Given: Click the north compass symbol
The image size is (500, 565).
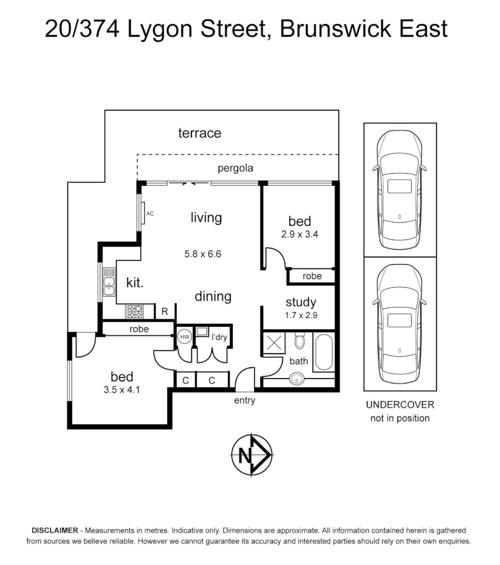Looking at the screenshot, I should [x=252, y=455].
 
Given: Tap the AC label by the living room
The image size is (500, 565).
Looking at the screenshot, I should [x=150, y=213].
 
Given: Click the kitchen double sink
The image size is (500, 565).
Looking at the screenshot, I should [x=109, y=282].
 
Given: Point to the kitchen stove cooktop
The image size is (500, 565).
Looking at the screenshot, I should [x=134, y=312].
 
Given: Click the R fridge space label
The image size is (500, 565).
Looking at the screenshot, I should [x=164, y=312].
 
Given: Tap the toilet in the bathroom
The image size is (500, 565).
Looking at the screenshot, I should [x=300, y=341].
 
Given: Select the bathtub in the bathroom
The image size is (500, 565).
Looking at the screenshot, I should [x=323, y=354].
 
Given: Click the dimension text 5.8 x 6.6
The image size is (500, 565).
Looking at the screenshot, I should [x=203, y=255].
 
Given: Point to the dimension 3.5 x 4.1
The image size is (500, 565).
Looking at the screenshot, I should [x=122, y=389].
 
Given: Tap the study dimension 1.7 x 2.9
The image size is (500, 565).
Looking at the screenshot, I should [x=301, y=315].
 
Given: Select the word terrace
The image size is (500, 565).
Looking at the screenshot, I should [x=199, y=133].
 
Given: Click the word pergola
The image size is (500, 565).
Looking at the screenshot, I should [x=235, y=168].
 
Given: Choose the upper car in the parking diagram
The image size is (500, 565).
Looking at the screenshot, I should [x=400, y=189].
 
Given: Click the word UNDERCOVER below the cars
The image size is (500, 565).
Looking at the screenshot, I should [x=400, y=405].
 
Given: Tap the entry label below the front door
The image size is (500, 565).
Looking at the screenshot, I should [x=244, y=401].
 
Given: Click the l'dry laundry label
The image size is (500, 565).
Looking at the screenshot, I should [x=219, y=337].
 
